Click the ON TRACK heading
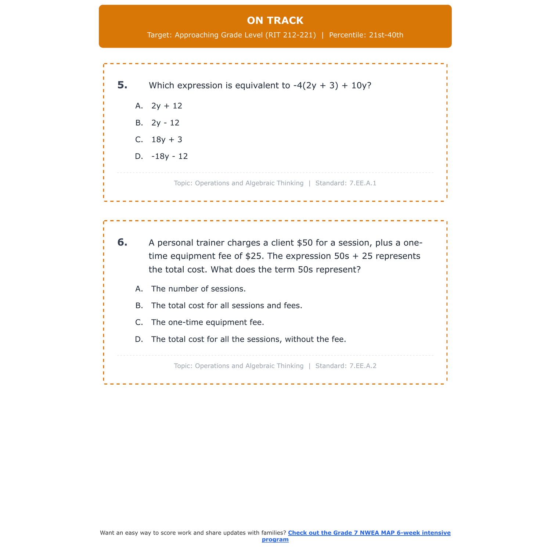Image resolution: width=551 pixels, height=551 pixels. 275,21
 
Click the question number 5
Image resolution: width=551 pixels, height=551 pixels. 122,85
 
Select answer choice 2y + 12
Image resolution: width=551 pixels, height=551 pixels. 167,106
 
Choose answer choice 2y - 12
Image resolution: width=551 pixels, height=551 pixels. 165,123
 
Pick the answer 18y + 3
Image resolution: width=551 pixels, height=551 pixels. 167,140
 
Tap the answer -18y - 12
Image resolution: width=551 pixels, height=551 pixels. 169,156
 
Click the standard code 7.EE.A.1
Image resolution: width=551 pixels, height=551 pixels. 363,183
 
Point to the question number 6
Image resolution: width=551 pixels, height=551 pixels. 122,242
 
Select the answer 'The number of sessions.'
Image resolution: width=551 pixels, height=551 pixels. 198,289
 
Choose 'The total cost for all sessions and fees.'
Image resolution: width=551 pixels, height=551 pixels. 227,306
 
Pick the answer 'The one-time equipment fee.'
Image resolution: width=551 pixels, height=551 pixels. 208,323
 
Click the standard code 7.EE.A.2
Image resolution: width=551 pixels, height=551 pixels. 363,366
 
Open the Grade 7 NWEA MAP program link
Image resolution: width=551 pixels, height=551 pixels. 369,533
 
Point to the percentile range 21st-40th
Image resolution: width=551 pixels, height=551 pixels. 386,35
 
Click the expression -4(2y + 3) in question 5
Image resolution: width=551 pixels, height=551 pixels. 316,86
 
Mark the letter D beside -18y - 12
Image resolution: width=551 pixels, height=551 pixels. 139,156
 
